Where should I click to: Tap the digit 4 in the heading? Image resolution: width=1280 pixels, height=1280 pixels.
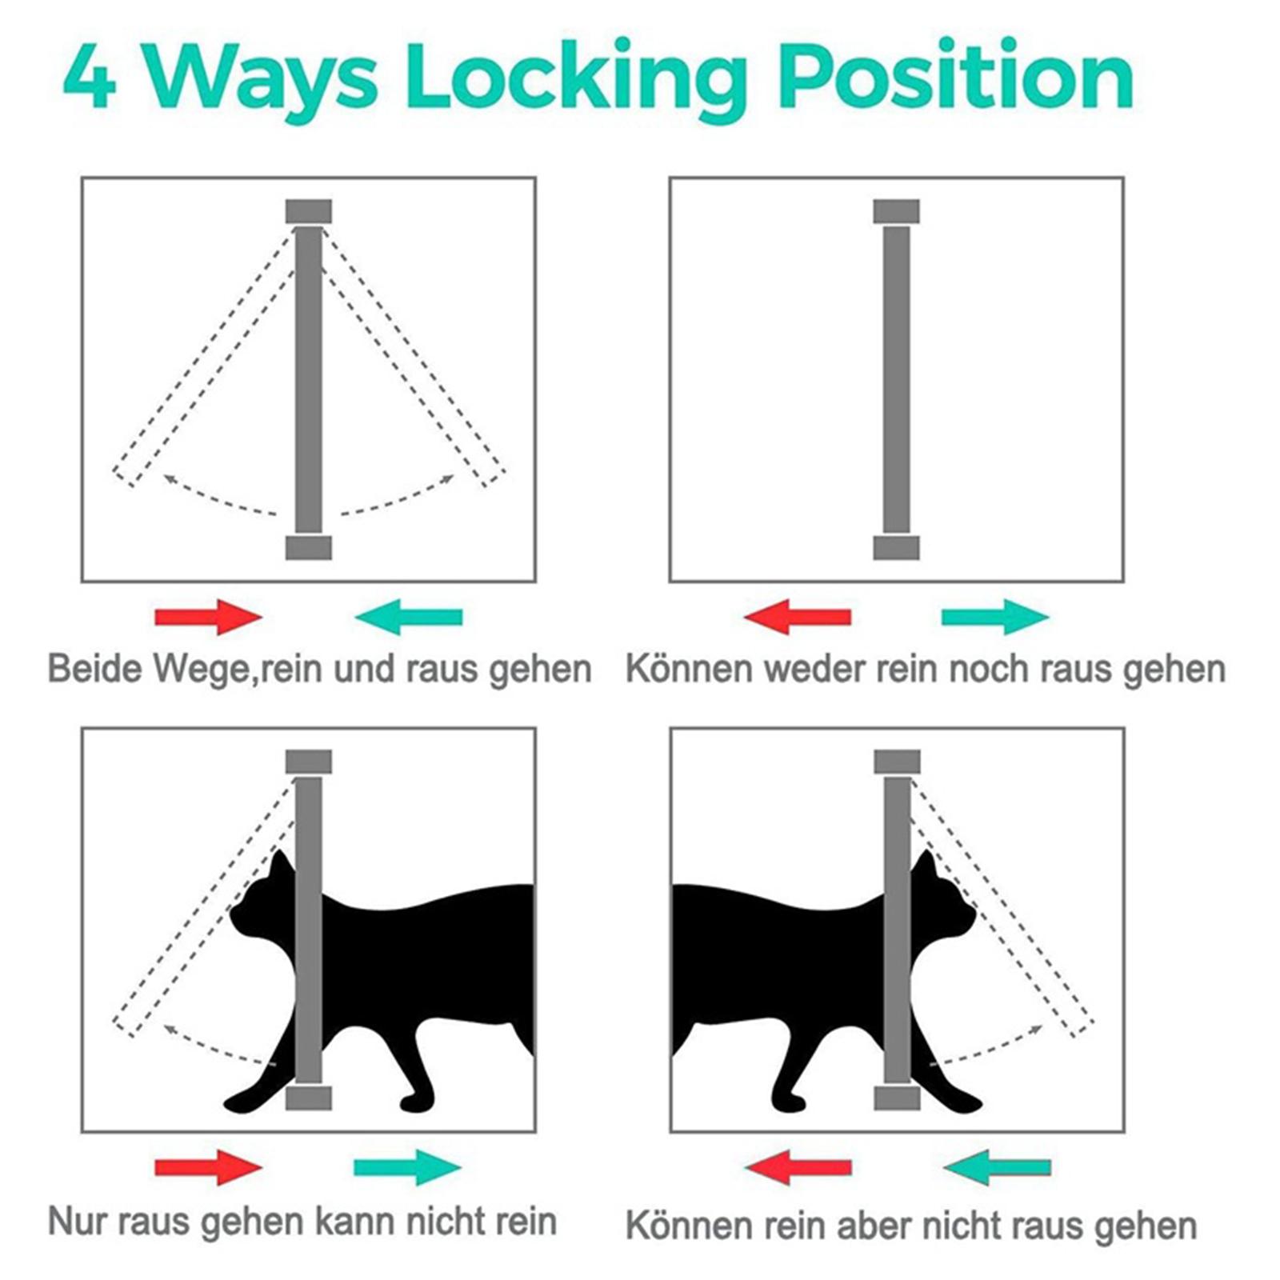click(90, 78)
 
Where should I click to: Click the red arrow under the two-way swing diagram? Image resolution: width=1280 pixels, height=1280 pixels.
click(208, 617)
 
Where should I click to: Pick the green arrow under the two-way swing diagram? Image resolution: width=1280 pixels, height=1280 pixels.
click(408, 617)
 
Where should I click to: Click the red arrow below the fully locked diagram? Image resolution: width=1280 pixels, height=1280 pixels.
click(797, 617)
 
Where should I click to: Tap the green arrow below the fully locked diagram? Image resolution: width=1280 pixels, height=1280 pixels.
click(995, 617)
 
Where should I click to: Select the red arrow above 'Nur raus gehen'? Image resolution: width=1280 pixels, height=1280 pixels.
click(208, 1167)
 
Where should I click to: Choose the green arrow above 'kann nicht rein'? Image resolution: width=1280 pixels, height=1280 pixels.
click(408, 1167)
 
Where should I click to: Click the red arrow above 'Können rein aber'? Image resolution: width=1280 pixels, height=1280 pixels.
click(797, 1167)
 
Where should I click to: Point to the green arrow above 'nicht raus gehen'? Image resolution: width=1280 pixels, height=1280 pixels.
click(997, 1167)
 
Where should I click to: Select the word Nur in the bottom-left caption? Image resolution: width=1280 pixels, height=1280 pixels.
click(79, 1222)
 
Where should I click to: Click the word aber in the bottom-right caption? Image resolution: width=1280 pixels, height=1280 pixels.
click(903, 1225)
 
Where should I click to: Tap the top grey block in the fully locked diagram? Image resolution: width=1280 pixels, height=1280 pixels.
click(896, 212)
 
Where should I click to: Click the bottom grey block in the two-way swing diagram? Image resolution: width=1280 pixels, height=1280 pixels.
click(309, 548)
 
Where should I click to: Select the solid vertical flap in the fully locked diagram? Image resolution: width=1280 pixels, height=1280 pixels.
click(897, 380)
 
